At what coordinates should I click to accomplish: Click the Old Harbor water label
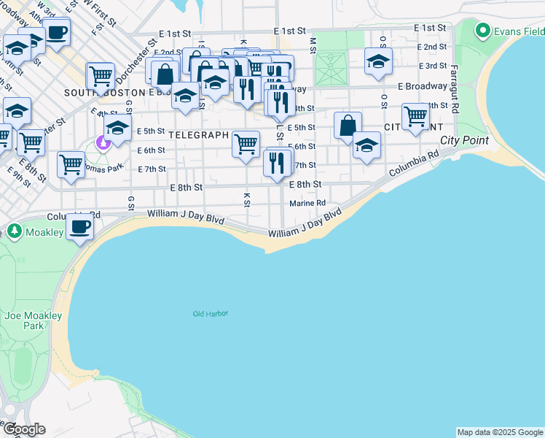[211, 314]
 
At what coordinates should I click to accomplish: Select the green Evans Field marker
[482, 31]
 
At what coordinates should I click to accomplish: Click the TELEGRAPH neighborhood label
[198, 136]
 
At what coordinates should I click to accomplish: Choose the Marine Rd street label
[307, 204]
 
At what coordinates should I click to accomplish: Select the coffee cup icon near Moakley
[79, 226]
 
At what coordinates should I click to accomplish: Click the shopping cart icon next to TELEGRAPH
[246, 143]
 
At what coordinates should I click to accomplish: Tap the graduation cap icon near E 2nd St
[378, 62]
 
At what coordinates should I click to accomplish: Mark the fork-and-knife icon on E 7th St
[276, 162]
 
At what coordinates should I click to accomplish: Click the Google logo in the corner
[23, 429]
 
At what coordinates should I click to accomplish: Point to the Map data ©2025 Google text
[500, 432]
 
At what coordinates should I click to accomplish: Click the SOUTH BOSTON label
[105, 93]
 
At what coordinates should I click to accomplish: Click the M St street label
[313, 45]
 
